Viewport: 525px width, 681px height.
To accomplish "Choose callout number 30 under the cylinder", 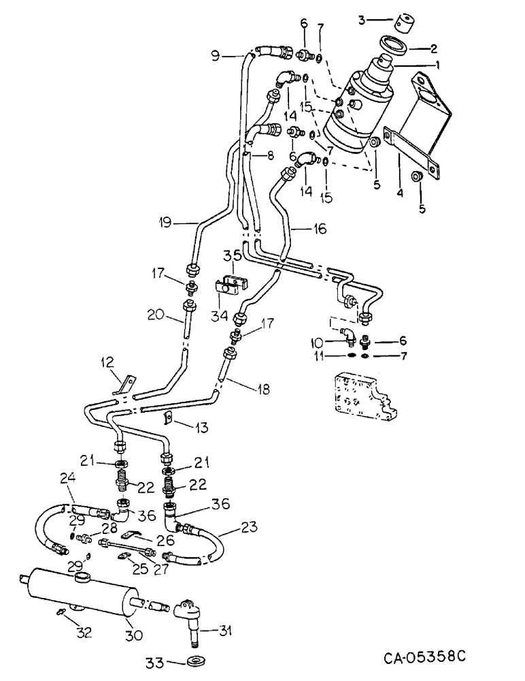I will pos(134,635).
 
